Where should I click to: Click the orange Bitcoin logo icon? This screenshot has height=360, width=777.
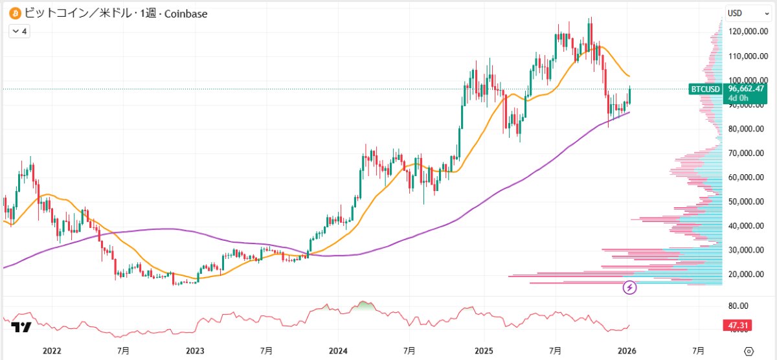point(12,13)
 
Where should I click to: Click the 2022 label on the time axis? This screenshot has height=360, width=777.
point(51,350)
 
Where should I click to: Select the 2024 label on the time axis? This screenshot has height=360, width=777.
point(339,350)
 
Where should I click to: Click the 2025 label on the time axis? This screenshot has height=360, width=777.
point(484,350)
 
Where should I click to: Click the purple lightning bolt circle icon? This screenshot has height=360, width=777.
point(630,287)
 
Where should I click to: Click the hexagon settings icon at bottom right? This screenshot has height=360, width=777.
point(749,350)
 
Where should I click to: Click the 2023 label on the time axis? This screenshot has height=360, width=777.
point(195,350)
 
